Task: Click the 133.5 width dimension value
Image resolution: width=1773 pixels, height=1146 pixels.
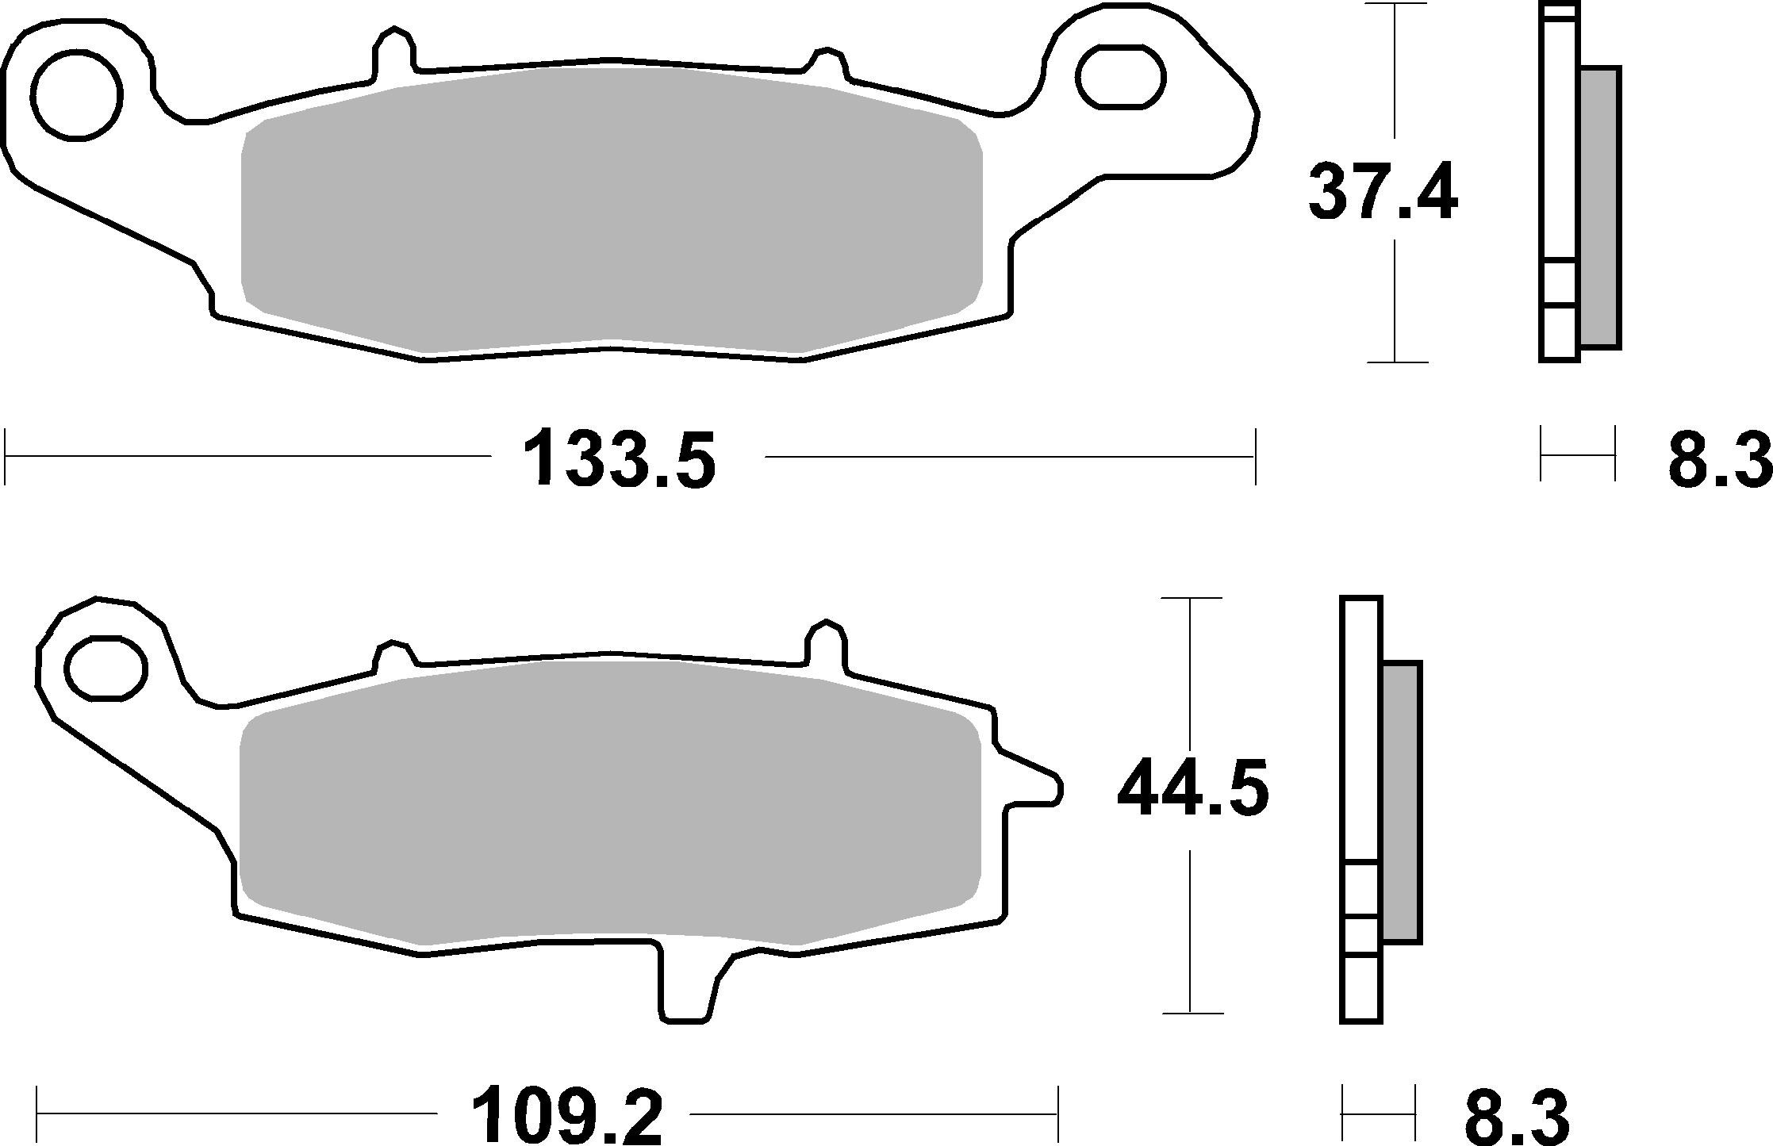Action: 620,459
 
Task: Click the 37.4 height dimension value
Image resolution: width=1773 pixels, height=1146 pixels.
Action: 1382,193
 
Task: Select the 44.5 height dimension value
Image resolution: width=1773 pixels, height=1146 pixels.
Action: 1192,787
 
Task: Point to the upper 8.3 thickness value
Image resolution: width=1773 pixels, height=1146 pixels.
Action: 1718,459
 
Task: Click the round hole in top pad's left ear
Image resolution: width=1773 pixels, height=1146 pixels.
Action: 78,94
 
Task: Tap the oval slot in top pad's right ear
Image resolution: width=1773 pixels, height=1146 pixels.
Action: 1120,77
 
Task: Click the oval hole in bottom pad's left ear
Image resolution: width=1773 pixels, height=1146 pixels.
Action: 106,668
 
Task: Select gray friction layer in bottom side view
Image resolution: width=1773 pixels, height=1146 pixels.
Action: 1401,801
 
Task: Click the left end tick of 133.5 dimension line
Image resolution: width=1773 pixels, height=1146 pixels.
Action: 6,456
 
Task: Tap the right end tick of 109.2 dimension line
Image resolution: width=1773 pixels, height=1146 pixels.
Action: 1057,1113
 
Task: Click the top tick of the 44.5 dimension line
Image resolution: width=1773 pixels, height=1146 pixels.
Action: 1191,598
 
